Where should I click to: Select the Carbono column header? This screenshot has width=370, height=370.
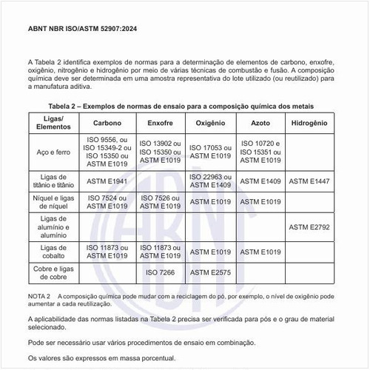(108, 124)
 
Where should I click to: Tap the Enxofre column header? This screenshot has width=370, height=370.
(160, 124)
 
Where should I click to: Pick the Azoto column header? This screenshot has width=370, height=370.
(260, 124)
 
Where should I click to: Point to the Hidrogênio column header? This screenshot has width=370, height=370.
(311, 124)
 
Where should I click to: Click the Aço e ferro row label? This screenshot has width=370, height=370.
(53, 152)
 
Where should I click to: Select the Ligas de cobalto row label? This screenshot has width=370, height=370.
(53, 252)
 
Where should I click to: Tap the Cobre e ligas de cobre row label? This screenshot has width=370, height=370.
(53, 272)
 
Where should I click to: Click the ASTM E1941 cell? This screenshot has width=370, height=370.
(108, 181)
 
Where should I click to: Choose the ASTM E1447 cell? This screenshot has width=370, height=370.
(311, 181)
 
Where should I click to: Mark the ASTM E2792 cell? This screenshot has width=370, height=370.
(311, 226)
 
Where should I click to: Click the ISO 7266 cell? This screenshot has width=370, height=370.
(160, 272)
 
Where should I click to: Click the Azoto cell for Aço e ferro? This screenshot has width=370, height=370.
(260, 152)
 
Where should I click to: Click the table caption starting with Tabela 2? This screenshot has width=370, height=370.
(185, 107)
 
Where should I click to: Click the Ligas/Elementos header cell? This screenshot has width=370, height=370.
(53, 124)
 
